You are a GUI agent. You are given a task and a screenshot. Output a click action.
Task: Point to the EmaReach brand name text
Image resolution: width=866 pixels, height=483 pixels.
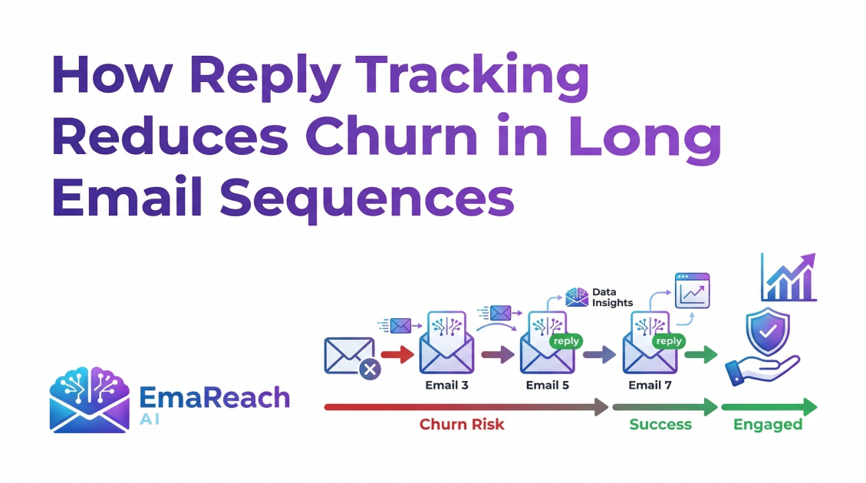click(215, 398)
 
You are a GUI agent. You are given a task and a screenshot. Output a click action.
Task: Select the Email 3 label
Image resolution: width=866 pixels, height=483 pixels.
click(446, 385)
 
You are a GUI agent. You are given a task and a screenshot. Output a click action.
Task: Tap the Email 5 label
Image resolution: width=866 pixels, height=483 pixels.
click(547, 385)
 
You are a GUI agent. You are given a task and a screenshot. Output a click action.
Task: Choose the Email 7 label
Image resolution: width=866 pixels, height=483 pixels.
click(650, 385)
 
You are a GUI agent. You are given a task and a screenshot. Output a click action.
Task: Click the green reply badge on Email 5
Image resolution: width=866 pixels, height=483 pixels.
click(566, 341)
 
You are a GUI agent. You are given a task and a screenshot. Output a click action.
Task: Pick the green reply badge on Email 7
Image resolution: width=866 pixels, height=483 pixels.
click(668, 341)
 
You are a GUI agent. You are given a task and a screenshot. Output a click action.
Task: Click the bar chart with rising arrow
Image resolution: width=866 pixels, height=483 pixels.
click(788, 277)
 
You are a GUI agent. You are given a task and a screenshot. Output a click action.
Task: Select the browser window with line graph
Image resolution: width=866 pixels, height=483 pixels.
click(692, 291)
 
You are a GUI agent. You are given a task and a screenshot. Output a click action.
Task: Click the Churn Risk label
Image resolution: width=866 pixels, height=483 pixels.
click(462, 424)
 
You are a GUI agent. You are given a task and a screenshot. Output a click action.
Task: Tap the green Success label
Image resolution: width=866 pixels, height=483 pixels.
click(660, 424)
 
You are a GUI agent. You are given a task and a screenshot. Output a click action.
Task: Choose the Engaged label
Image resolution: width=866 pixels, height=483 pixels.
click(767, 424)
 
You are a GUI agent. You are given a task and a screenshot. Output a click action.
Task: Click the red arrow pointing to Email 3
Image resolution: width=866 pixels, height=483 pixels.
click(397, 355)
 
